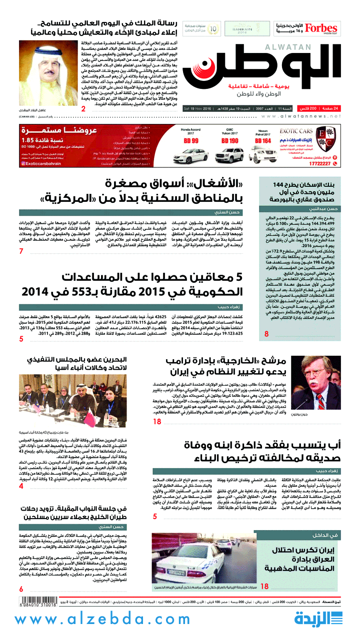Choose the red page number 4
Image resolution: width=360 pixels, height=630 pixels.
(21, 485)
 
